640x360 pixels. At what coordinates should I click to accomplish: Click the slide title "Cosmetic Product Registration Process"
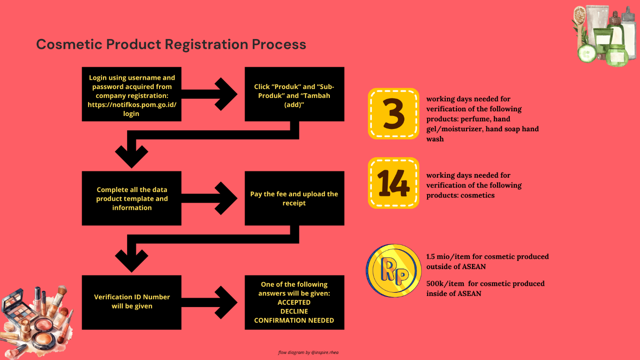pos(171,45)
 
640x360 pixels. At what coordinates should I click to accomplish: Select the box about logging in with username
pos(131,95)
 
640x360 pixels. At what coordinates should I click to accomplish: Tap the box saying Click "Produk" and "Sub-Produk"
pos(294,95)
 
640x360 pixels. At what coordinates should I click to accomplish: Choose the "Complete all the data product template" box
pos(131,199)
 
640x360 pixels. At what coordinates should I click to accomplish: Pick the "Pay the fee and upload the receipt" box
pos(294,199)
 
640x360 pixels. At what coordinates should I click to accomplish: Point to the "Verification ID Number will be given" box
pos(131,302)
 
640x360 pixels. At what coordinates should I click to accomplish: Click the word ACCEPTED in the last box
pos(294,302)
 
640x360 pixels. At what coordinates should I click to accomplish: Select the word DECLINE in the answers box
pos(294,311)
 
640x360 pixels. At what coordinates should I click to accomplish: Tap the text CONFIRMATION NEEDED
pos(294,320)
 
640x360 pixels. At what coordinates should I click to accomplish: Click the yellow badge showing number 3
pos(393,114)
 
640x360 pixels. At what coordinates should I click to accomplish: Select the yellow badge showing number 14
pos(393,183)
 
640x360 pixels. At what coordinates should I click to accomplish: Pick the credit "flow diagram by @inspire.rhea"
pos(308,353)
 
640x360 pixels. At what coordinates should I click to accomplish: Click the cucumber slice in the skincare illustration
pos(587,53)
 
